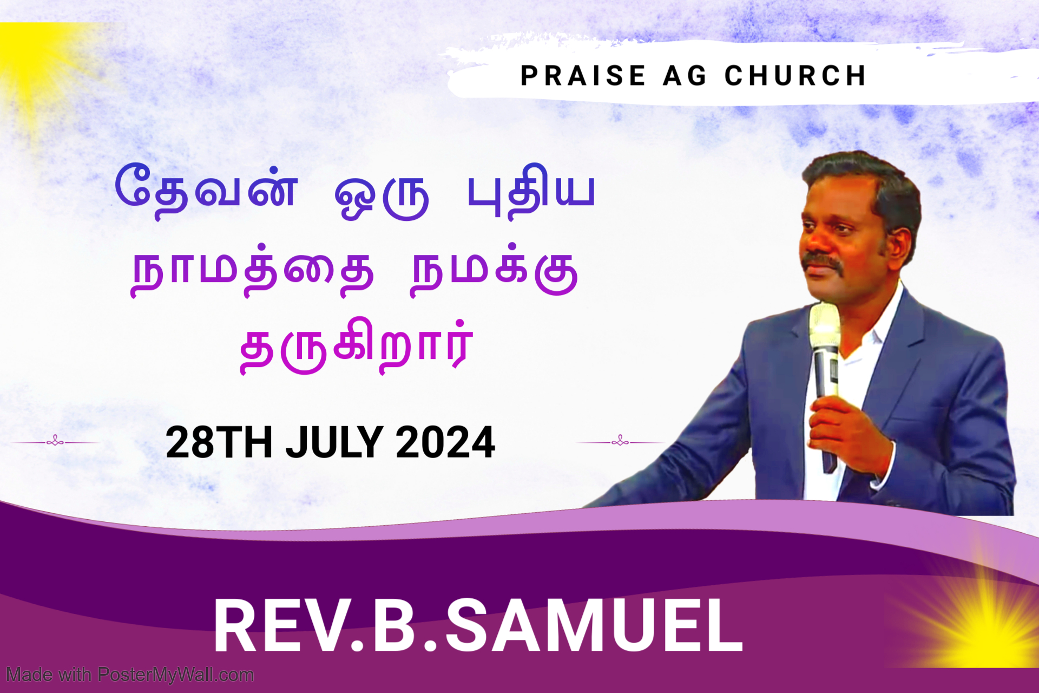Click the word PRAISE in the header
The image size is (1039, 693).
(x=583, y=75)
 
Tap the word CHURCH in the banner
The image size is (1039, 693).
(x=795, y=75)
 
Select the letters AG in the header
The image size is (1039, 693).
(x=685, y=75)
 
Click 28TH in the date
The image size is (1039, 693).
(x=219, y=442)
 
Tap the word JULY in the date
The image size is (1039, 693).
(x=334, y=442)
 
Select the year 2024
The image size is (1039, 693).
(x=445, y=442)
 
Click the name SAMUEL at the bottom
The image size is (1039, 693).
(x=594, y=626)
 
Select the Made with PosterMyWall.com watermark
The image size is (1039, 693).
(x=130, y=675)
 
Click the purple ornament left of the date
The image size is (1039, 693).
(x=55, y=442)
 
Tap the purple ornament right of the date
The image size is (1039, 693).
(x=621, y=442)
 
